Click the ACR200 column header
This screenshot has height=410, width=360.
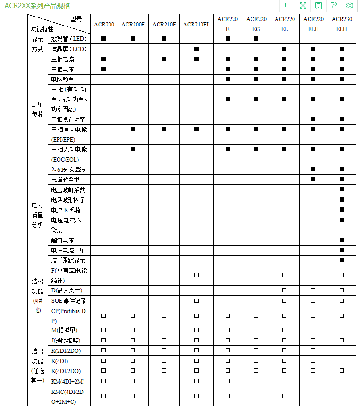pyautogui.click(x=104, y=24)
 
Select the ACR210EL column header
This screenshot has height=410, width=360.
pyautogui.click(x=196, y=24)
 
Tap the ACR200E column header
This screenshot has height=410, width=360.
pyautogui.click(x=133, y=24)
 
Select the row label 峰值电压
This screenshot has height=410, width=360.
pyautogui.click(x=63, y=240)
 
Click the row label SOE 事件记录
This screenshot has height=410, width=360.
pyautogui.click(x=68, y=301)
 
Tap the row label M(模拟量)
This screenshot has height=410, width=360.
pyautogui.click(x=64, y=331)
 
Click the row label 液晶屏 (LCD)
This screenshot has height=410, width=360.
pyautogui.click(x=69, y=49)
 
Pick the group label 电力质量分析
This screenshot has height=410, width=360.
pyautogui.click(x=37, y=215)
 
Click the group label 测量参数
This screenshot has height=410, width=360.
pyautogui.click(x=37, y=109)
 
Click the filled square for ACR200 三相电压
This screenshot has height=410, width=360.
pyautogui.click(x=103, y=69)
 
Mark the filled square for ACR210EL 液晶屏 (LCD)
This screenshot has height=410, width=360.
pyautogui.click(x=196, y=49)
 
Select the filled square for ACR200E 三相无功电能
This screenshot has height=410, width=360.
pyautogui.click(x=133, y=149)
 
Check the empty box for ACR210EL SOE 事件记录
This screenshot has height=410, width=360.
pyautogui.click(x=196, y=301)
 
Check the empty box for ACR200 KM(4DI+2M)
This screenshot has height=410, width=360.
pyautogui.click(x=103, y=381)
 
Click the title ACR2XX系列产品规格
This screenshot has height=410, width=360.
pyautogui.click(x=37, y=6)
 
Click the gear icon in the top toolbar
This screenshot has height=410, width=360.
pyautogui.click(x=350, y=6)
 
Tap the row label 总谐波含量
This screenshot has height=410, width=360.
pyautogui.click(x=66, y=179)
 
